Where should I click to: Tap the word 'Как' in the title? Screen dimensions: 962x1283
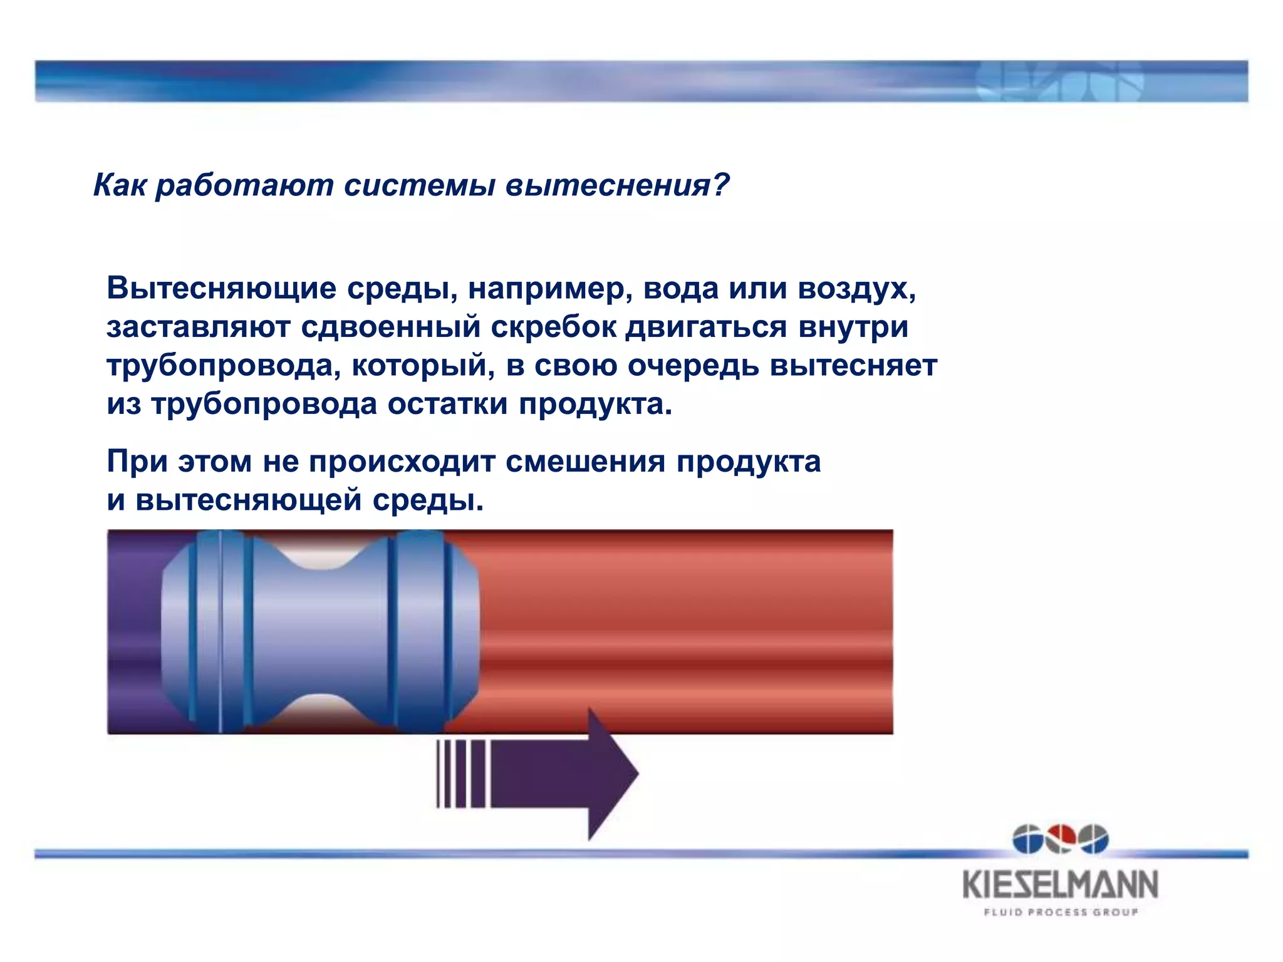(119, 185)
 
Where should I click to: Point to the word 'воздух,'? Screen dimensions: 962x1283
(857, 289)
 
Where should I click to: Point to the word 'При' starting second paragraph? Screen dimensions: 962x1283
(137, 462)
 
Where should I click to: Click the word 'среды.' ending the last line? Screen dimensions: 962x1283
(428, 500)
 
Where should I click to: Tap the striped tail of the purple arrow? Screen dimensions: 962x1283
(460, 774)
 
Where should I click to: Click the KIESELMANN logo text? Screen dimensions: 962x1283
(1060, 885)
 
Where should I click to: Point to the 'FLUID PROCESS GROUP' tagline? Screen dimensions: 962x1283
(1060, 912)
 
